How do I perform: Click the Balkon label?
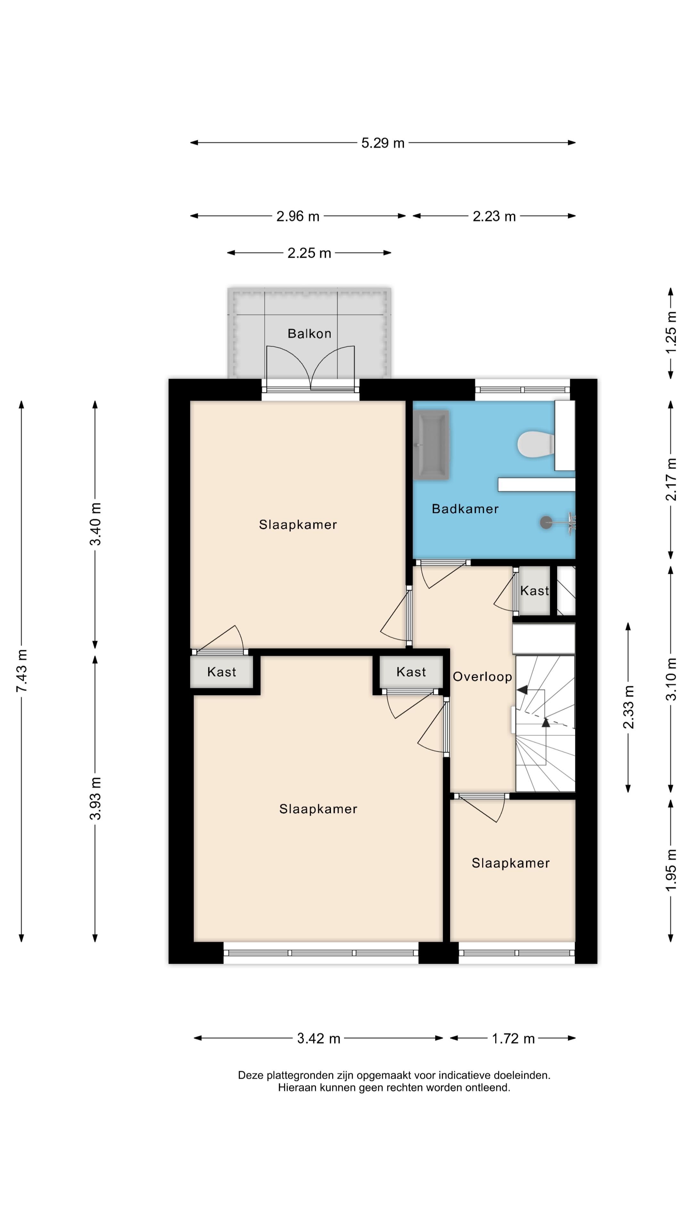[x=309, y=333]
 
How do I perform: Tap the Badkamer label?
[x=465, y=509]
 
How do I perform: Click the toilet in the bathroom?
[x=535, y=444]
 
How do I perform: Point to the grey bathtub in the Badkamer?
[x=431, y=444]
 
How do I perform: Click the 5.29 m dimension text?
[x=383, y=143]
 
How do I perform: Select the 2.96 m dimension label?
[x=298, y=216]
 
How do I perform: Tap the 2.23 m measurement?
[x=494, y=216]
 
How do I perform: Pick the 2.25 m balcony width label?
[x=309, y=253]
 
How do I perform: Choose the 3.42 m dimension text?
[x=318, y=1038]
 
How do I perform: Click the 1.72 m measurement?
[x=513, y=1038]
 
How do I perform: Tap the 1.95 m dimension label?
[x=671, y=870]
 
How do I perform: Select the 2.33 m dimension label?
[x=629, y=707]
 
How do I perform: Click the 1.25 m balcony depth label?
[x=671, y=333]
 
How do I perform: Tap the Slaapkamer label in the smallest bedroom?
[x=511, y=863]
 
